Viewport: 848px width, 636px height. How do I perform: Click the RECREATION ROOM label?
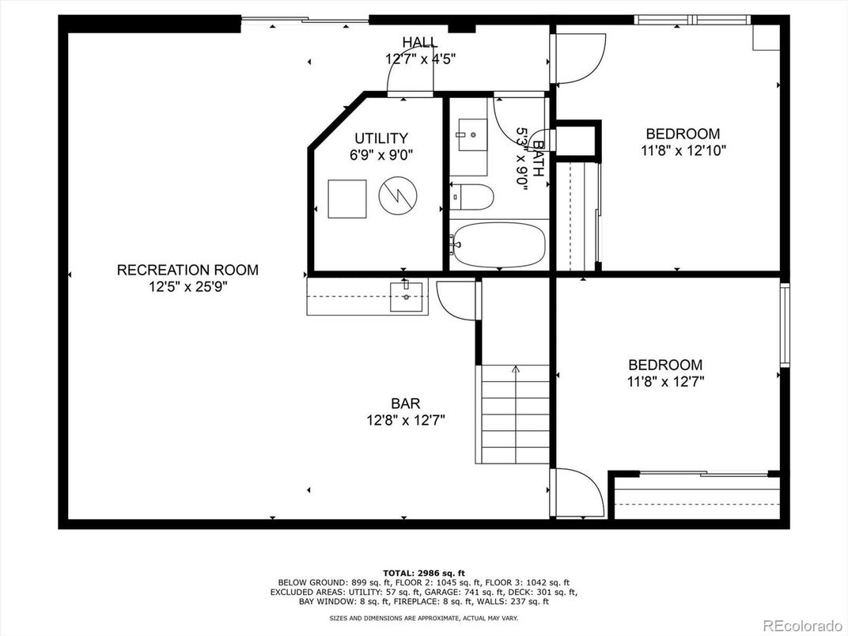click(x=187, y=270)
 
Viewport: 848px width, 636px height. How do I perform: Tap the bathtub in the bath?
click(x=498, y=245)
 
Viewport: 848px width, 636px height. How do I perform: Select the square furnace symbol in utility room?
click(x=347, y=199)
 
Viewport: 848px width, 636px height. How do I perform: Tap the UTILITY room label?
click(x=381, y=138)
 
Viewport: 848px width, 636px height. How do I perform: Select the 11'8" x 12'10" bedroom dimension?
click(x=683, y=150)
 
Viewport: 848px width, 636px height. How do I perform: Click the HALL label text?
click(x=420, y=42)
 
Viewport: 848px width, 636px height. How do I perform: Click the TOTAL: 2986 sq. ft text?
click(x=424, y=572)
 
